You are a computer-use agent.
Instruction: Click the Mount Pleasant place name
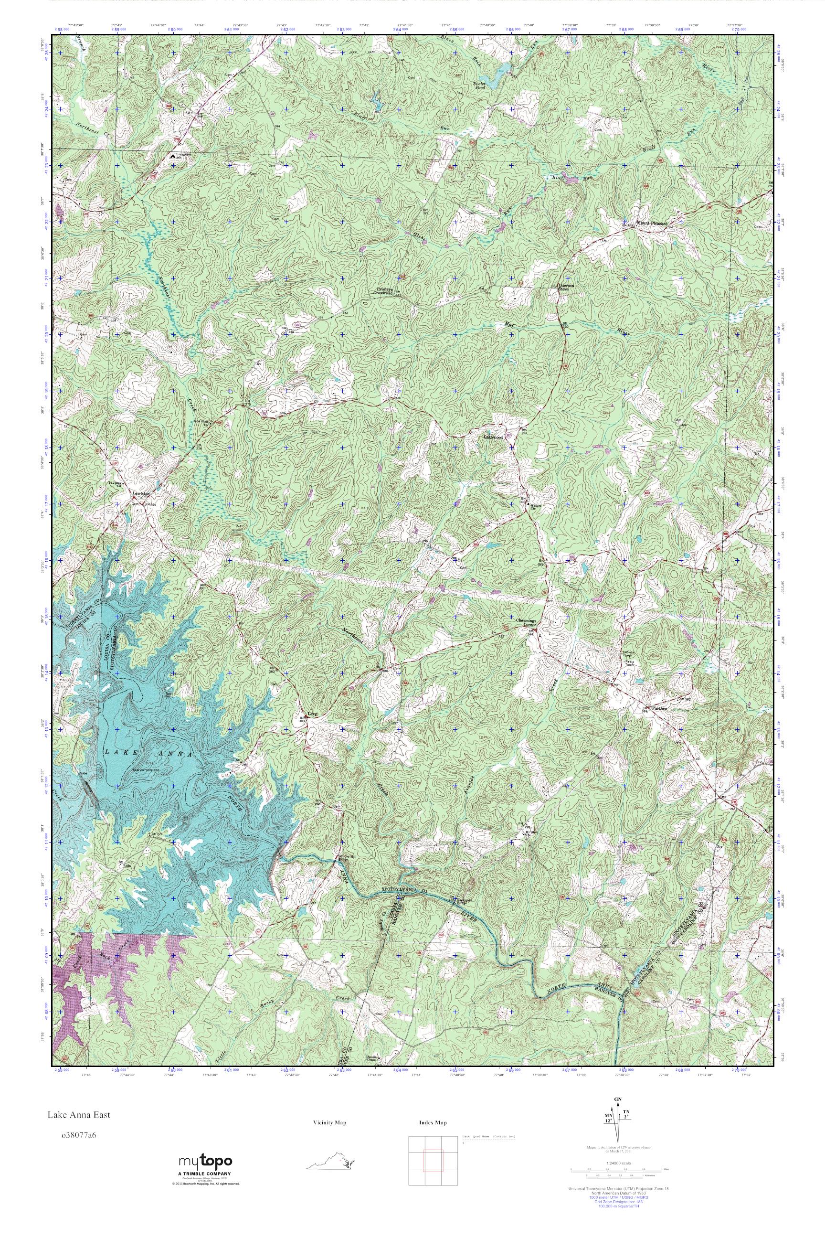pos(651,223)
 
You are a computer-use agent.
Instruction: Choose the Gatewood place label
pos(493,438)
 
